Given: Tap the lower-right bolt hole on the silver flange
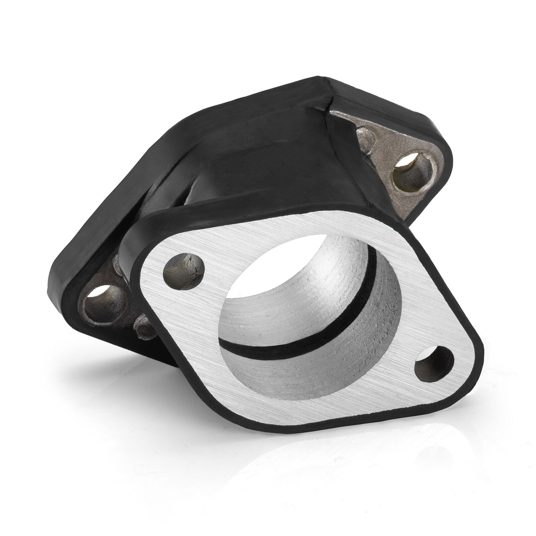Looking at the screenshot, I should tap(432, 367).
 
